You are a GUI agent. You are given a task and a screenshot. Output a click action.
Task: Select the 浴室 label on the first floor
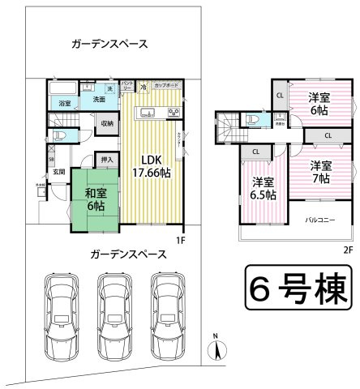coord(63,103)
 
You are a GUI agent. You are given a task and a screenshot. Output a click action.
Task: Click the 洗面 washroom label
coord(99,99)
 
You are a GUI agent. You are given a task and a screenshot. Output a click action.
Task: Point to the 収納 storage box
coord(106,123)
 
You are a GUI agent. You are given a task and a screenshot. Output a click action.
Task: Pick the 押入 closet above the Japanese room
coord(106,160)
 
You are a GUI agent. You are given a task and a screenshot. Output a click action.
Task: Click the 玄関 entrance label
coord(59,171)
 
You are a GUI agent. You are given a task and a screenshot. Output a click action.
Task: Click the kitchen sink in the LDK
coord(149,112)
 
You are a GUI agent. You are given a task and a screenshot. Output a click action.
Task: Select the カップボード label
coord(168,85)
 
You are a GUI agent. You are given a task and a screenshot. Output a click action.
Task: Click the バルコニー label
coord(321,219)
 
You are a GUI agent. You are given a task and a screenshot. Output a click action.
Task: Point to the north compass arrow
coord(216,349)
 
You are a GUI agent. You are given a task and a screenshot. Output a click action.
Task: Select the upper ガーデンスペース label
coord(109,45)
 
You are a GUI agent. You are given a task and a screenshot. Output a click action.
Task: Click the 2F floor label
coord(348,250)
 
